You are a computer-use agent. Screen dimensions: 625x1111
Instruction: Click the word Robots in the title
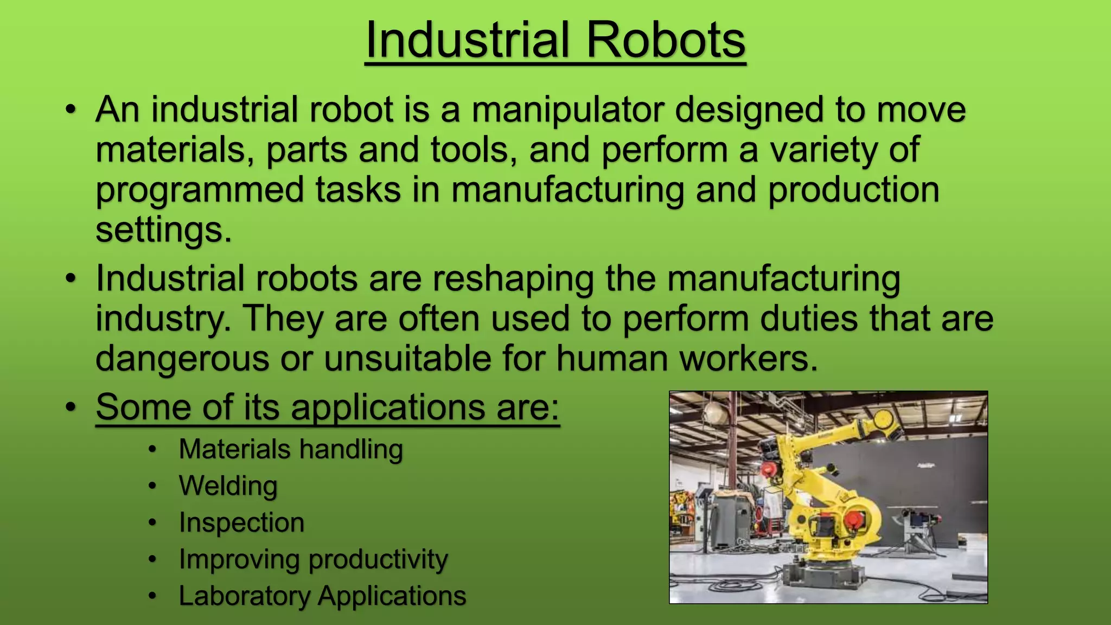666,40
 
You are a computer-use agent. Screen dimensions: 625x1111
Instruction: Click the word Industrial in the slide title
468,40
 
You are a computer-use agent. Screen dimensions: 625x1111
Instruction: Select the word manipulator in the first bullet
567,110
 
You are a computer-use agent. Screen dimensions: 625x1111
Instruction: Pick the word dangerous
182,359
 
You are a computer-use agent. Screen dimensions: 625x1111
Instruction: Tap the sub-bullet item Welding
228,486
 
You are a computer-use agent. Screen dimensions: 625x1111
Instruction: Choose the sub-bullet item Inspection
241,522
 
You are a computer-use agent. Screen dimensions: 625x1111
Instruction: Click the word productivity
378,559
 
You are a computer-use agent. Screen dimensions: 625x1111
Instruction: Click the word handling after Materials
350,449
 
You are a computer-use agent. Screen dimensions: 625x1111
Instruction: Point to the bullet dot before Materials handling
152,450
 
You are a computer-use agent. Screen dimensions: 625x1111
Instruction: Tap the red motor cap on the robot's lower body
853,518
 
